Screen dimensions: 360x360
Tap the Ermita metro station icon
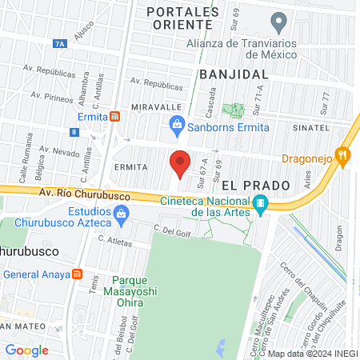pos(116,115)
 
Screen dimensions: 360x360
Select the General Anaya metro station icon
pos(77,274)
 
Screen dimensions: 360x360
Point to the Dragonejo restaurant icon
pos(343,157)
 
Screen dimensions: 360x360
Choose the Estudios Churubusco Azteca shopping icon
pos(121,213)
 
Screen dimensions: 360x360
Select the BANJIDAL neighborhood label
pos(233,73)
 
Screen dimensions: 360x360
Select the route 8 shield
pos(74,132)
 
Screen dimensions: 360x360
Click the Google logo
pos(26,350)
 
